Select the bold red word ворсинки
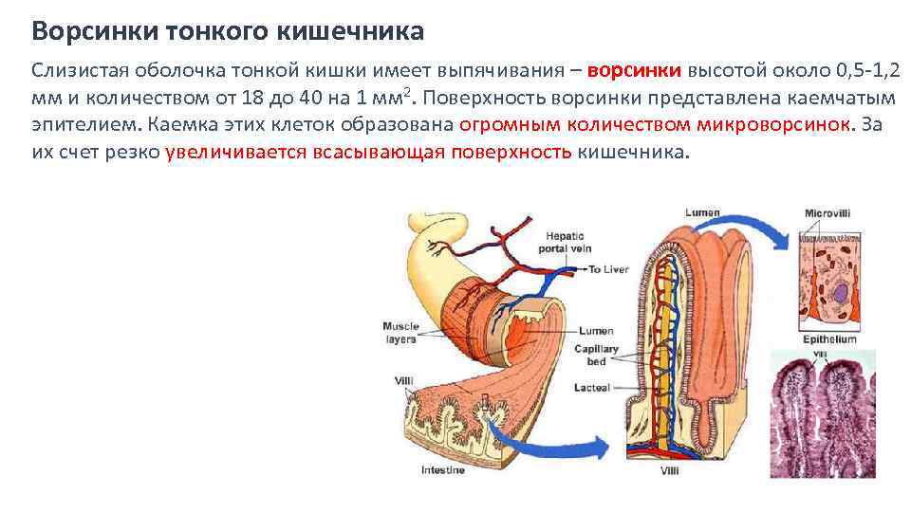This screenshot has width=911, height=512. click(634, 70)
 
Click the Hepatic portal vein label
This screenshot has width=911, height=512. click(567, 242)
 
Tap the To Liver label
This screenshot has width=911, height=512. click(608, 270)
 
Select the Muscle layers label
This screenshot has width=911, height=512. click(400, 332)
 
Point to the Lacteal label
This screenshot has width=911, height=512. click(593, 388)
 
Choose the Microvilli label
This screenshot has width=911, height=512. click(827, 213)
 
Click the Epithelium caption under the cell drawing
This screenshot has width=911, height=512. click(827, 339)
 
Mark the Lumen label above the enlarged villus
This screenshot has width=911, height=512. click(703, 213)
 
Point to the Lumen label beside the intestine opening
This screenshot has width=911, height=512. click(598, 331)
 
